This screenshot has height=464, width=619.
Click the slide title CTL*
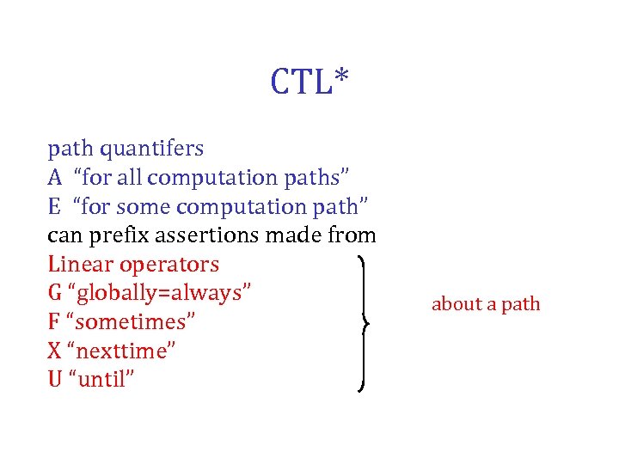(x=309, y=82)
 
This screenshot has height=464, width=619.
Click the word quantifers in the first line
(x=152, y=149)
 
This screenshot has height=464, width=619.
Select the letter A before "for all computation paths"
(x=55, y=178)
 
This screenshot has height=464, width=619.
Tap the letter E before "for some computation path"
(x=54, y=207)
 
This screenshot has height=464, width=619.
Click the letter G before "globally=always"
(x=55, y=294)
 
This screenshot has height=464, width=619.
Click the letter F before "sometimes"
(x=54, y=322)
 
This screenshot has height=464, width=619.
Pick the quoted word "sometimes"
(x=135, y=322)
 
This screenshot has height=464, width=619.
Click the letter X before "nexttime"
(x=54, y=351)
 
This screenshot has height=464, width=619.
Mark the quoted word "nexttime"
(x=125, y=351)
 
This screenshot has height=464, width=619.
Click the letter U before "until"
(x=55, y=379)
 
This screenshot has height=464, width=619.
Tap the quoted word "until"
(x=106, y=379)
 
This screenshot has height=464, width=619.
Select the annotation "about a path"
(x=486, y=304)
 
